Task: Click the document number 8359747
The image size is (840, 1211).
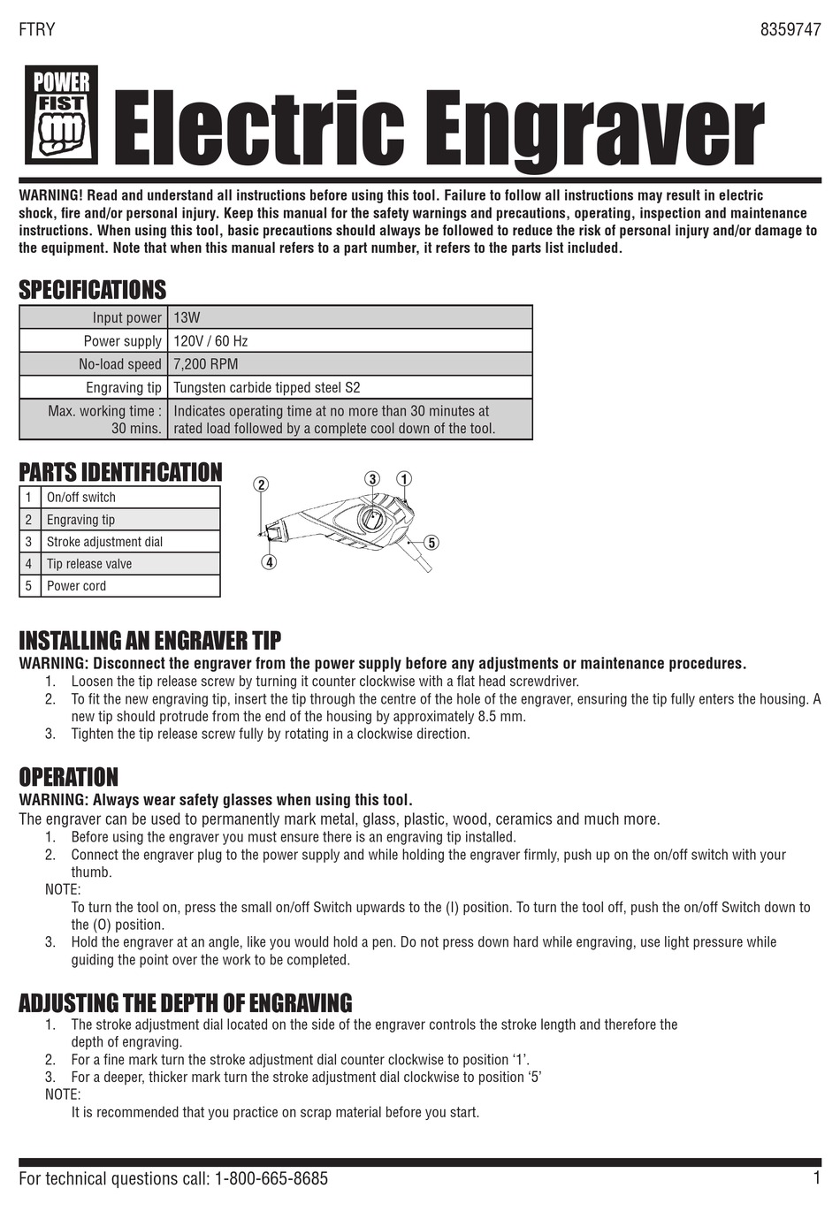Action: coord(790,29)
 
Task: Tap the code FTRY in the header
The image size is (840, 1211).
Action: coord(37,29)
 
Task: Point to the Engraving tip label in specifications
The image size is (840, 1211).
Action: coord(124,387)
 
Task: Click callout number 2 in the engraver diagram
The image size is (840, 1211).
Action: coord(261,484)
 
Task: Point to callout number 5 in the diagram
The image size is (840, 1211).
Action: coord(431,542)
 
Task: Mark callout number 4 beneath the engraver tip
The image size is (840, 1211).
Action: coord(270,561)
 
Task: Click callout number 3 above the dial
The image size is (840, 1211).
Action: coord(373,479)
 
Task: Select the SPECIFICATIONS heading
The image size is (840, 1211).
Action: coord(92,289)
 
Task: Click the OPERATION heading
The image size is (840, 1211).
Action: coord(68,777)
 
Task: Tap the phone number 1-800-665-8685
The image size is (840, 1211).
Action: coord(271,1178)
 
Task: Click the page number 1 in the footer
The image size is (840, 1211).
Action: coord(816,1177)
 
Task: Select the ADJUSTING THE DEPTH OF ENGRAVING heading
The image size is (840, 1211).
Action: coord(185,1002)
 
